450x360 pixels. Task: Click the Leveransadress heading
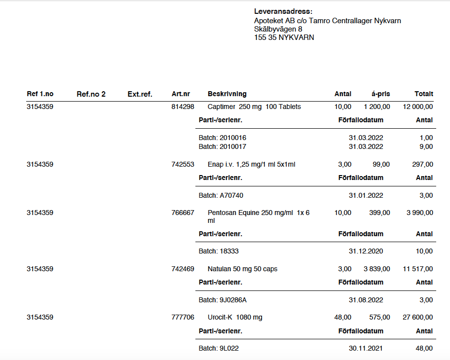pos(283,11)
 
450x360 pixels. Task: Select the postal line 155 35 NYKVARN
pos(284,37)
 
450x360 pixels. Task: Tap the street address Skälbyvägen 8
pos(278,29)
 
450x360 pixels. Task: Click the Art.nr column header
pos(181,94)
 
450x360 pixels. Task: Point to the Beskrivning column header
pos(227,94)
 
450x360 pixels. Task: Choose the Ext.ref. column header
pos(140,94)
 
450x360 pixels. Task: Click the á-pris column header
pos(380,94)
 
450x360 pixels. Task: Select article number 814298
pos(183,107)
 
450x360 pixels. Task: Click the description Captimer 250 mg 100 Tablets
pos(254,107)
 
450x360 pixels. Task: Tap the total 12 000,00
pos(418,107)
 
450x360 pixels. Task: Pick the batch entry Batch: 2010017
pos(223,146)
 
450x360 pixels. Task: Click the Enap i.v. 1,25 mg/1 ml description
pos(252,164)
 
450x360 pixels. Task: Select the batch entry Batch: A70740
pos(221,195)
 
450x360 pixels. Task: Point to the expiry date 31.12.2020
pos(366,251)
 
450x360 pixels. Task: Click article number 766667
pos(183,213)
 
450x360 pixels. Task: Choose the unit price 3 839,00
pos(377,269)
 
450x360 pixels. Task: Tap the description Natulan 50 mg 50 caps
pos(242,269)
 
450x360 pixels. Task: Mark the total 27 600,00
pos(418,317)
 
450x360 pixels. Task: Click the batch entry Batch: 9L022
pos(219,348)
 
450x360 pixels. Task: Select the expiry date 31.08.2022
pos(366,300)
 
